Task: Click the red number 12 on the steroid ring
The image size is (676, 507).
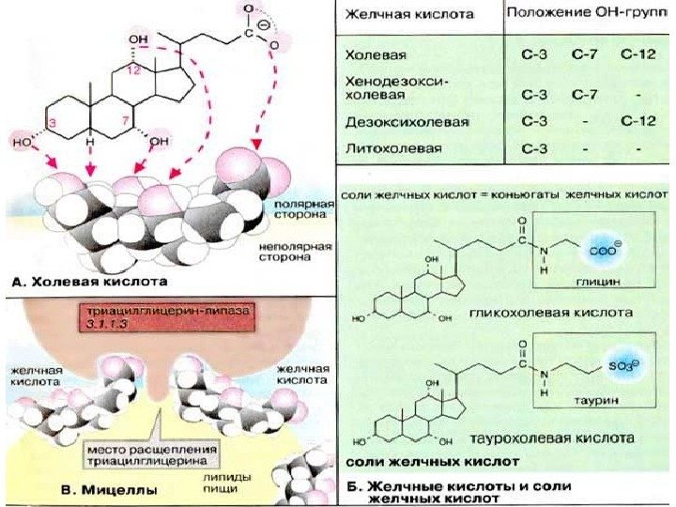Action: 138,71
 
